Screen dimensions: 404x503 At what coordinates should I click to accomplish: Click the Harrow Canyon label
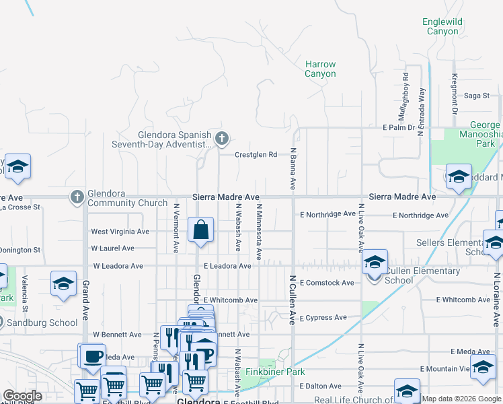[x=320, y=69]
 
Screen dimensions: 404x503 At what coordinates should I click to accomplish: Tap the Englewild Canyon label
[x=442, y=26]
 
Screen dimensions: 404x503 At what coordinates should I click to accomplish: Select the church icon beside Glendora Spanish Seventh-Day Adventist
[x=223, y=139]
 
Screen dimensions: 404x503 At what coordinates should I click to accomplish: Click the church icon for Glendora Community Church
[x=77, y=197]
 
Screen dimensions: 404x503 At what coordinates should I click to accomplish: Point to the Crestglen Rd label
[x=256, y=155]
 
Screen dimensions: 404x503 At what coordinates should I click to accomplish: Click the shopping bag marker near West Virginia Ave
[x=201, y=231]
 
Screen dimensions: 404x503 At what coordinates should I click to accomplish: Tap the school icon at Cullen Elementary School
[x=375, y=263]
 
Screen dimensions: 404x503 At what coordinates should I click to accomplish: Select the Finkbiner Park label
[x=275, y=372]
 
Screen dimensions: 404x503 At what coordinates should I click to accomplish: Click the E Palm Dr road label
[x=398, y=127]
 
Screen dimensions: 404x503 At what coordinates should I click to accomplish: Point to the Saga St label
[x=476, y=96]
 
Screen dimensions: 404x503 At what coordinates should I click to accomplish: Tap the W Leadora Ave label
[x=118, y=266]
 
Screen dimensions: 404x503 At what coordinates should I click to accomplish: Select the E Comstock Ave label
[x=327, y=283]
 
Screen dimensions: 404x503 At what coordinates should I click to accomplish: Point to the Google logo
[x=22, y=396]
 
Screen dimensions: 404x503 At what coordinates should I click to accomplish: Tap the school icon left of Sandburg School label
[x=63, y=284]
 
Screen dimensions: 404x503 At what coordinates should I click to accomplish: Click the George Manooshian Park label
[x=485, y=134]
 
